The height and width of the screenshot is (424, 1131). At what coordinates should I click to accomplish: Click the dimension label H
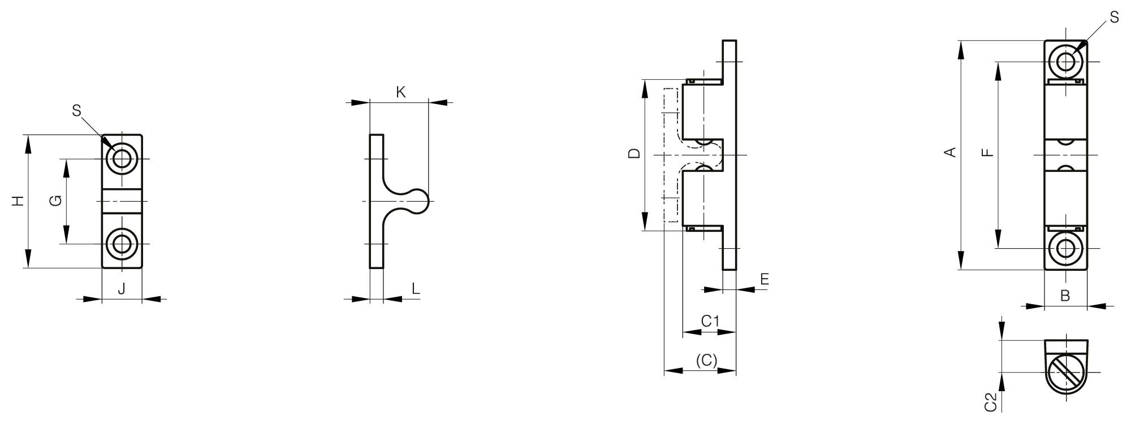click(x=19, y=201)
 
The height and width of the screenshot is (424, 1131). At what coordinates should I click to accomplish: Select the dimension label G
click(x=55, y=201)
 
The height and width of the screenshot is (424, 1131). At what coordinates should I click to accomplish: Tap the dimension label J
click(x=122, y=289)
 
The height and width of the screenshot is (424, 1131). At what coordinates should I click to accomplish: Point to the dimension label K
click(x=400, y=92)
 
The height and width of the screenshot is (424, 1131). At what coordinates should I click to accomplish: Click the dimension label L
click(x=416, y=289)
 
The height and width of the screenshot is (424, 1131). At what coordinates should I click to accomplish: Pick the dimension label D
click(x=634, y=153)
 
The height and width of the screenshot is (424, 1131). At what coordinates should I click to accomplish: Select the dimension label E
click(x=765, y=279)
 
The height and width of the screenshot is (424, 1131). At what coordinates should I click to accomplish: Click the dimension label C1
click(x=710, y=321)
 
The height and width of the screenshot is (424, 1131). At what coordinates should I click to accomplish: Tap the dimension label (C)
click(x=706, y=360)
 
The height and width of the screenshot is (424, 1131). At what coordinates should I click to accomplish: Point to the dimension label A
click(x=951, y=152)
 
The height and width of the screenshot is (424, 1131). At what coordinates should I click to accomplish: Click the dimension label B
click(x=1065, y=296)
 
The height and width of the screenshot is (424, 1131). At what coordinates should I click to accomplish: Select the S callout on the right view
click(x=1114, y=18)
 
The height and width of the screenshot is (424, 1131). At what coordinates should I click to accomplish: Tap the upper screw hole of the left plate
click(x=122, y=159)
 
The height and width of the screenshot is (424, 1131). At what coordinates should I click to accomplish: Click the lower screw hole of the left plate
click(x=122, y=244)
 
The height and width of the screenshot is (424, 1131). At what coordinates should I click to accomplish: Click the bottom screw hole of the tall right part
click(x=1065, y=248)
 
